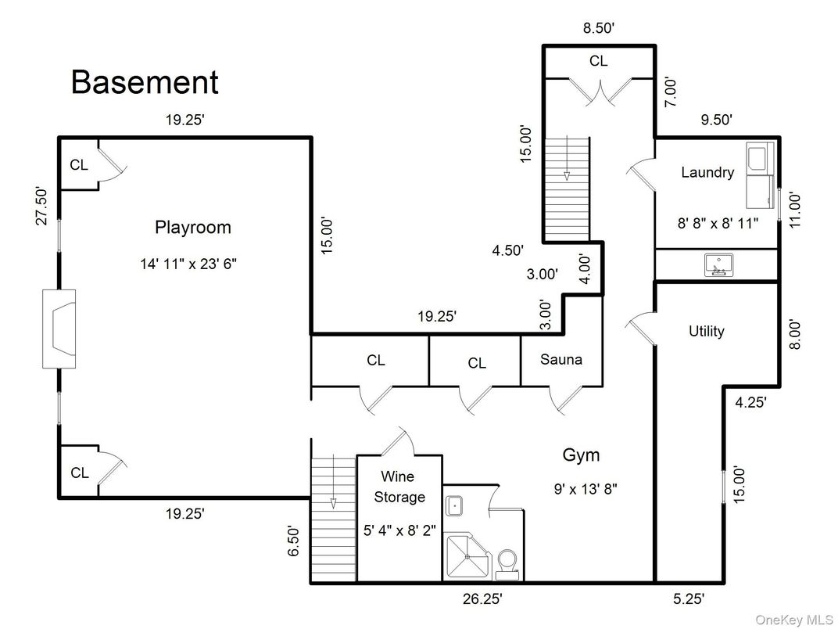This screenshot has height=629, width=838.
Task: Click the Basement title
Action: pos(145,82)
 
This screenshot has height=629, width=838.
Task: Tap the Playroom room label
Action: pos(192,228)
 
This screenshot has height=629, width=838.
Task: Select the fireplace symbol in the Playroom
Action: pos(59,329)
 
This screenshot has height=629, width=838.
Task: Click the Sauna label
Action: pos(561,360)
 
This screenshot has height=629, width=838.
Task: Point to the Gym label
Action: pos(581,455)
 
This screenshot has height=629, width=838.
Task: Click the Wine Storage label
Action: pos(399,487)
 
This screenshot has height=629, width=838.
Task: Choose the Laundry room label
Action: pos(707,172)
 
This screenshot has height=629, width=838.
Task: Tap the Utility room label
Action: pos(706,331)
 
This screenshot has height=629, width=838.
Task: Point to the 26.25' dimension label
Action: pos(481,599)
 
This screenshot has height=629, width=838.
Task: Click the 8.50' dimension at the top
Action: pos(598,28)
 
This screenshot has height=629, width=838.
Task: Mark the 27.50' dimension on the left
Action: pos(42,206)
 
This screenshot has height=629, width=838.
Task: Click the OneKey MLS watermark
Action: pos(794,620)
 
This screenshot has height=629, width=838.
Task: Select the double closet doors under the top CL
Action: pos(599,92)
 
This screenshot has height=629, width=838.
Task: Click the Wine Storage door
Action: pos(397,442)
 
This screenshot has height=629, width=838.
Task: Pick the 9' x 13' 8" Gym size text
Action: pos(586,490)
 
